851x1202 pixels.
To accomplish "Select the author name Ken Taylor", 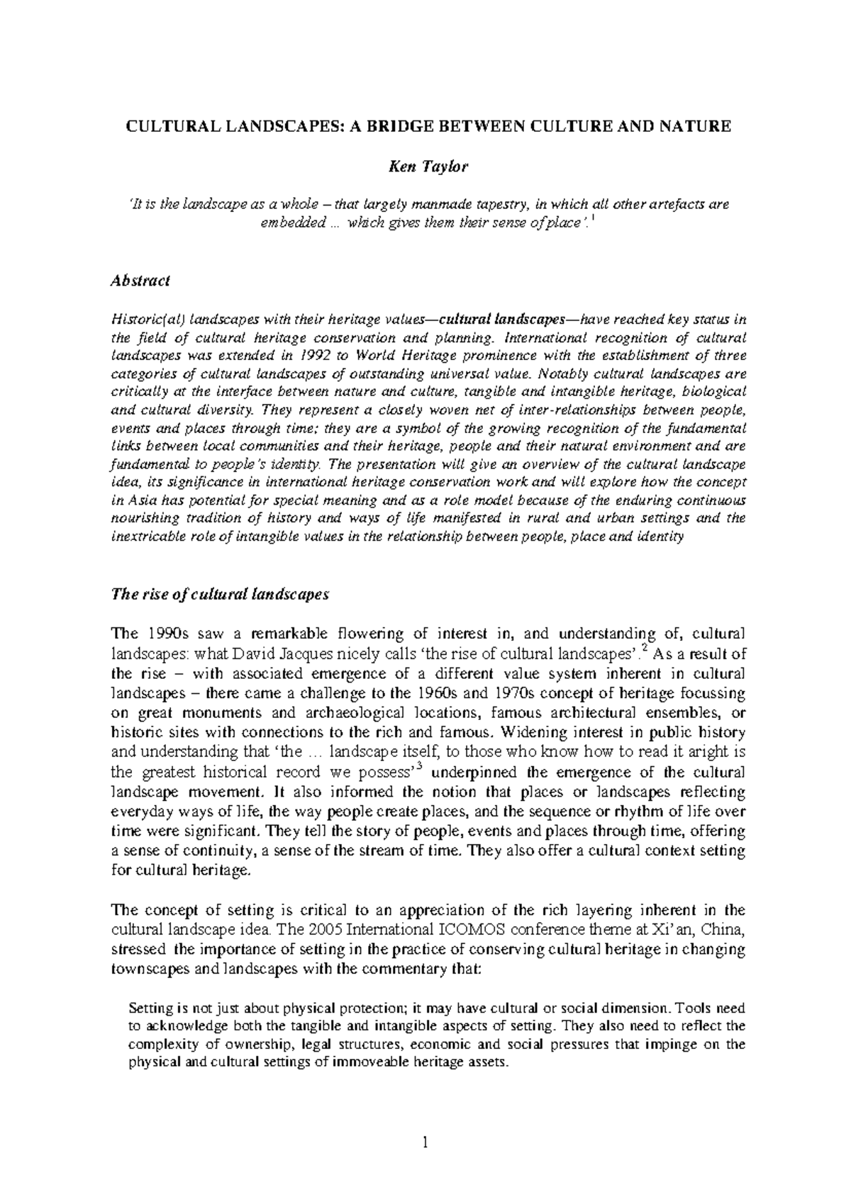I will [425, 167].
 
